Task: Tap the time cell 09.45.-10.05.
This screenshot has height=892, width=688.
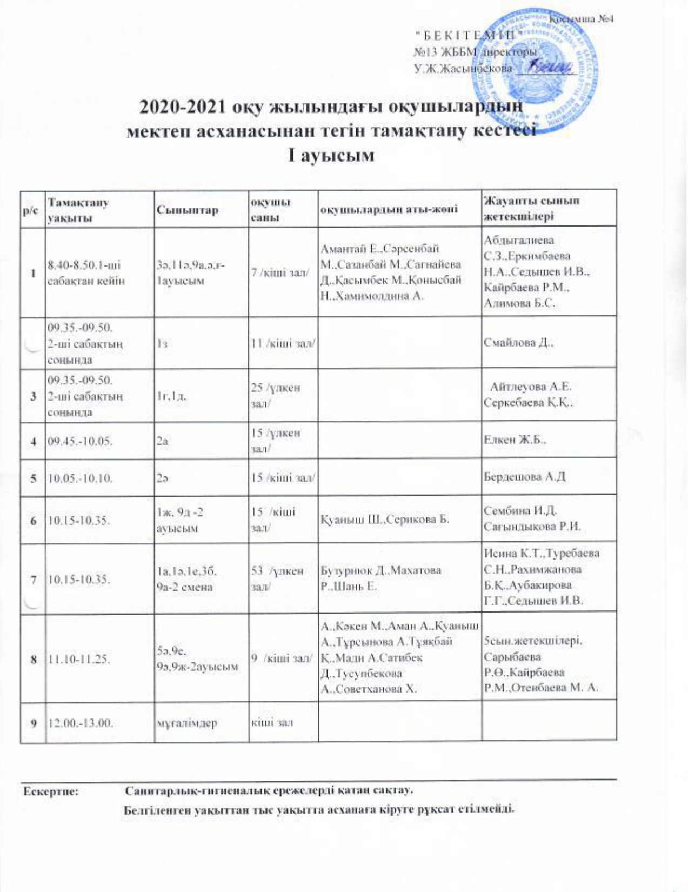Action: pos(80,441)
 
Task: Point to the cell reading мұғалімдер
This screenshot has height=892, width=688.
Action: pos(186,722)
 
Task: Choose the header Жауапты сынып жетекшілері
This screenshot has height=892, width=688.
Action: pos(532,209)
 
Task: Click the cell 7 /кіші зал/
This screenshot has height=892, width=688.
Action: pos(280,272)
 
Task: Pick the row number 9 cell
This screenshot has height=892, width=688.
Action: pos(34,722)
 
